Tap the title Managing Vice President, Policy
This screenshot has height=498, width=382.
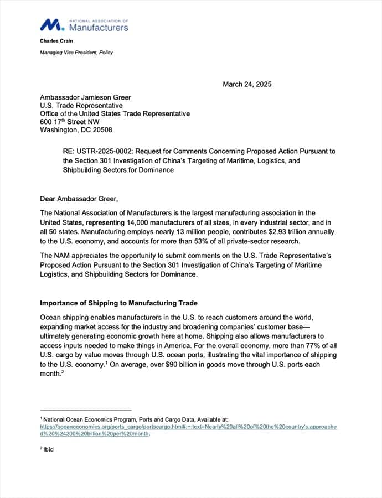click(x=76, y=53)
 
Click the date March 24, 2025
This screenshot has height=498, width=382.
click(x=247, y=85)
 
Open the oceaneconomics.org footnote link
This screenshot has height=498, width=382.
click(x=188, y=427)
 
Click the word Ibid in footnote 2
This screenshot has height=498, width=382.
click(x=49, y=450)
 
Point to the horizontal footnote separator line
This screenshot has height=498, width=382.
click(x=86, y=411)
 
